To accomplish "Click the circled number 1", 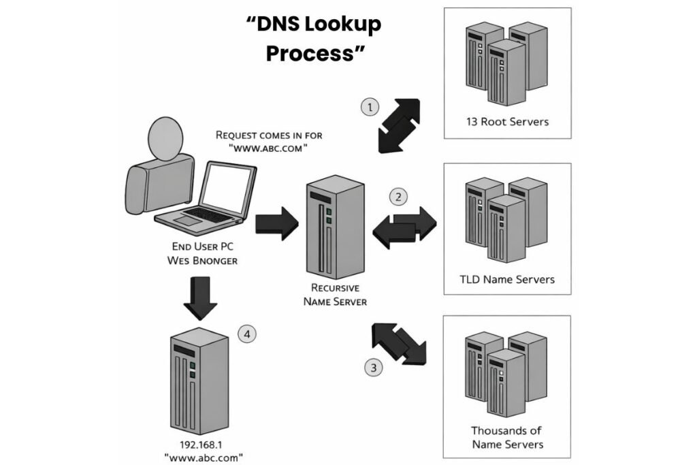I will tap(369, 108).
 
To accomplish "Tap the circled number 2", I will tap(398, 197).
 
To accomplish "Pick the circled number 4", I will tap(246, 334).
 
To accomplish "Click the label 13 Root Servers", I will tap(506, 122).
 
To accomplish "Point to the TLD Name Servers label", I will tap(507, 279).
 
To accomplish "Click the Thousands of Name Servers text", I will tap(507, 437).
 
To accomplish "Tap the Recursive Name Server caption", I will tap(335, 294).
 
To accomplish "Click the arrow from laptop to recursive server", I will tap(276, 223).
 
